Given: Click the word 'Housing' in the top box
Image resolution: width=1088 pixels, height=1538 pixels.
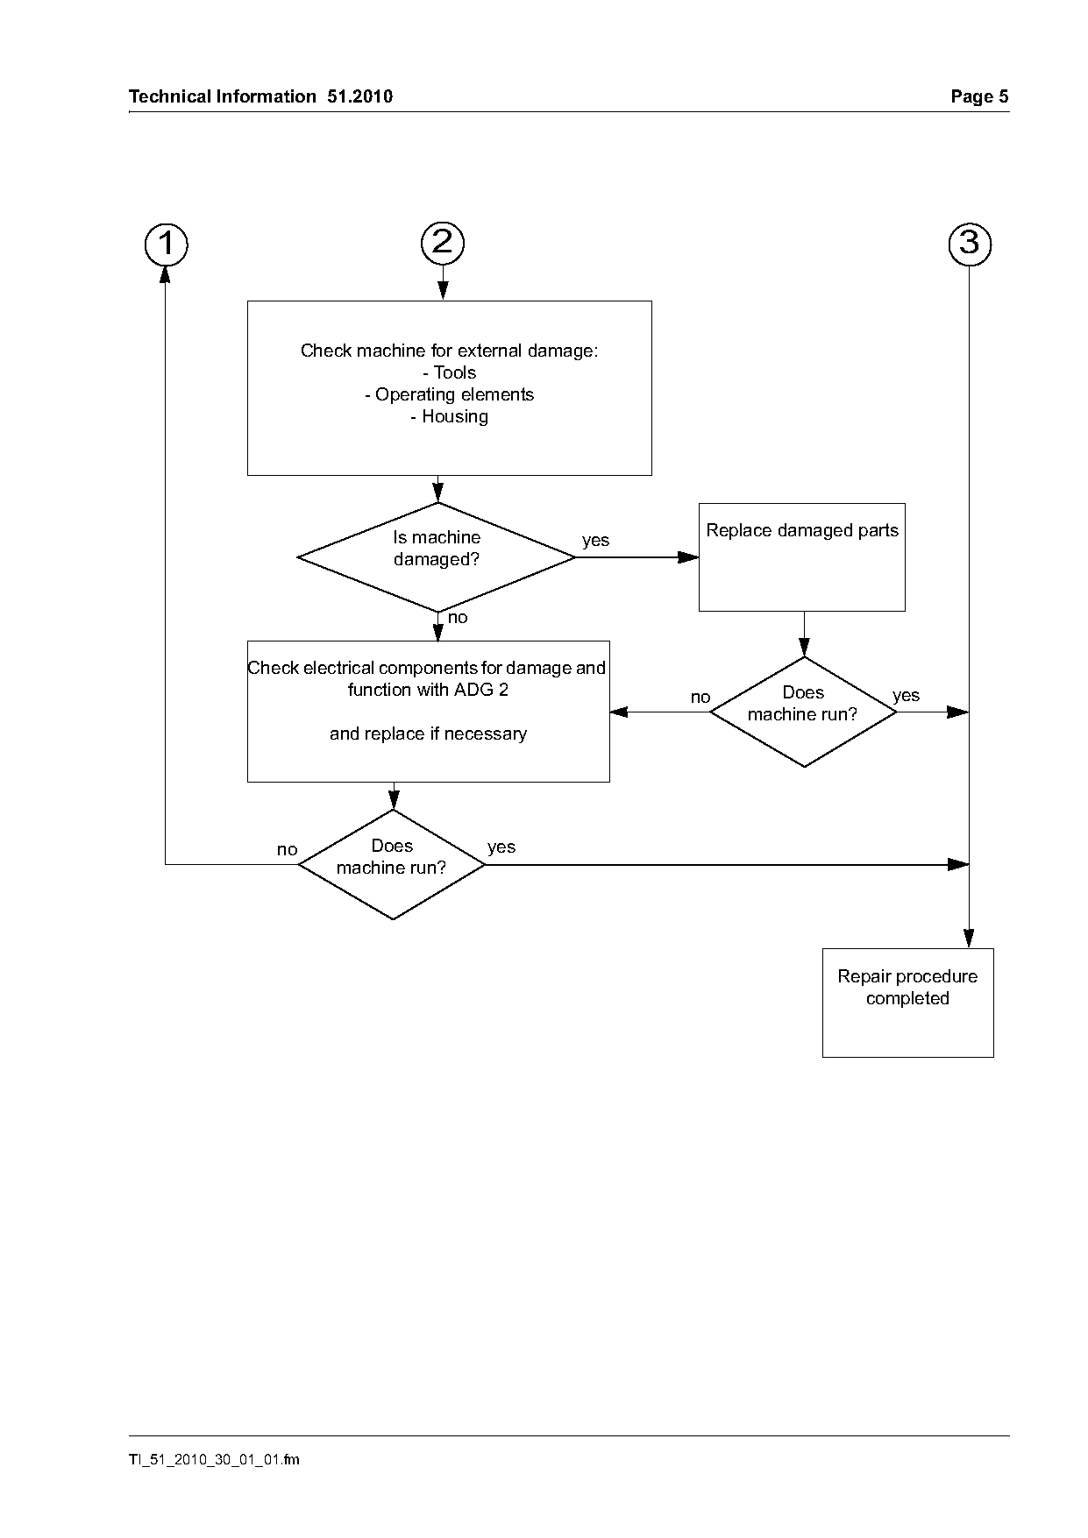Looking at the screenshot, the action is pyautogui.click(x=455, y=417).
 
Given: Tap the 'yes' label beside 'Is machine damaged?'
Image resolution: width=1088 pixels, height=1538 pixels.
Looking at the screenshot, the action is pyautogui.click(x=595, y=540).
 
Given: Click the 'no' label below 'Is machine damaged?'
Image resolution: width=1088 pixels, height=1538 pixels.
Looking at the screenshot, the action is pyautogui.click(x=458, y=618).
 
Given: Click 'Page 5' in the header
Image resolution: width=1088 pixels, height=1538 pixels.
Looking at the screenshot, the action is pyautogui.click(x=980, y=96).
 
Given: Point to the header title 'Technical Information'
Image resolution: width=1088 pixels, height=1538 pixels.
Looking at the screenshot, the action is pyautogui.click(x=223, y=96).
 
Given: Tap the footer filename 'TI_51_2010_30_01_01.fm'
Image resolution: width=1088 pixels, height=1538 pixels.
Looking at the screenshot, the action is pyautogui.click(x=214, y=1459).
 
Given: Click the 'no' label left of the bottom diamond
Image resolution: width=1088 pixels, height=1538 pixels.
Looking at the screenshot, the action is pyautogui.click(x=287, y=850).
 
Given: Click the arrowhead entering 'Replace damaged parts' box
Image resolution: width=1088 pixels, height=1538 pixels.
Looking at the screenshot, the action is pyautogui.click(x=689, y=556).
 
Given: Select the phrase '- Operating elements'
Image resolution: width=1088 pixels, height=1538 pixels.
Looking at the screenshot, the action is pyautogui.click(x=449, y=395).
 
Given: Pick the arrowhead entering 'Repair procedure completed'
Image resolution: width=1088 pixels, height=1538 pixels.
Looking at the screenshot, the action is pyautogui.click(x=970, y=939).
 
